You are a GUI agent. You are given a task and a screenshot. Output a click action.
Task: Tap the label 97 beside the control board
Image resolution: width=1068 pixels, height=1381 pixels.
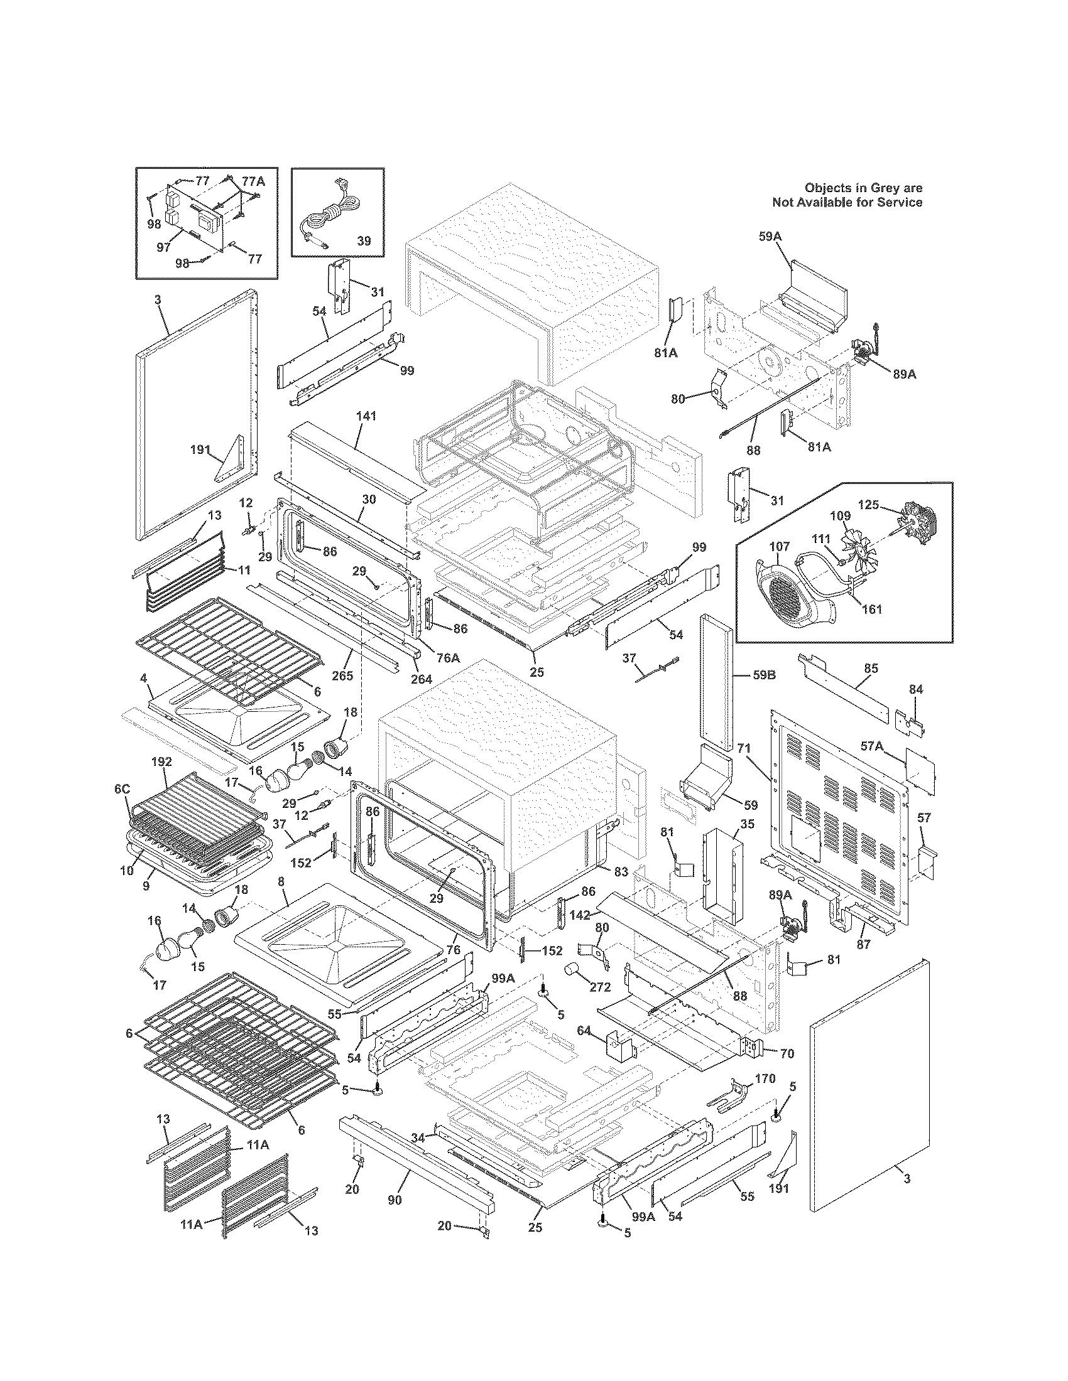tap(163, 247)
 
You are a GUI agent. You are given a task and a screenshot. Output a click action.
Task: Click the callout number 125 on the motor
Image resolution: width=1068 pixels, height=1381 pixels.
tap(868, 505)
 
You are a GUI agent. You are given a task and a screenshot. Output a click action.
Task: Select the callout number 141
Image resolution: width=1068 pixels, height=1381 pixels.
tap(366, 416)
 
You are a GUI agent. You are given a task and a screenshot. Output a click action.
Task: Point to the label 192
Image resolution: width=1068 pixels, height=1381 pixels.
tap(161, 762)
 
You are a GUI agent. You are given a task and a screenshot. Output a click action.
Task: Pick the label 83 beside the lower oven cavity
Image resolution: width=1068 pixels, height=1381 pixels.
tap(621, 871)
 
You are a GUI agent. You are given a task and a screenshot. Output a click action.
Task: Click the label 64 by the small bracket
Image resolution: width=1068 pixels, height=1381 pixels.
tap(583, 1031)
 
